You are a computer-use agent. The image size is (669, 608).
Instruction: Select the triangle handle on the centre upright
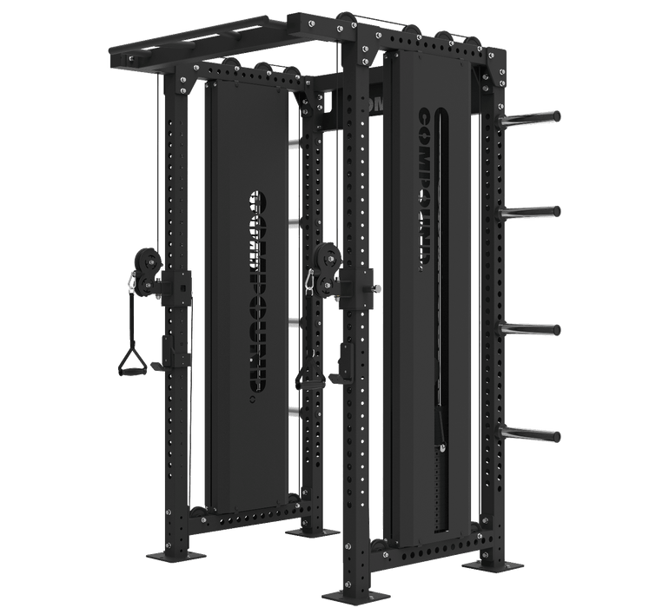point(309,374)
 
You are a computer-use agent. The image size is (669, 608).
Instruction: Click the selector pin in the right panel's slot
point(446,447)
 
